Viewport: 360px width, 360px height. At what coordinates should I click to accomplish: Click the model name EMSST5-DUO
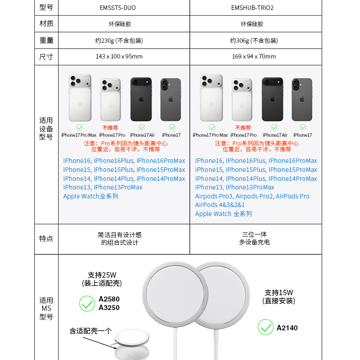tap(117, 8)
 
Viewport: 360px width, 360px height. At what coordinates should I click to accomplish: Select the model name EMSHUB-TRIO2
tap(252, 8)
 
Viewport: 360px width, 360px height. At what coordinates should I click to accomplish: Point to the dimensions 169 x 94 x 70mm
tap(254, 57)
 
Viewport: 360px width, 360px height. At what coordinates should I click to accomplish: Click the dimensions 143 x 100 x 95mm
tap(119, 57)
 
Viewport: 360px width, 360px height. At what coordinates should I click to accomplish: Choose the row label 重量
tap(46, 40)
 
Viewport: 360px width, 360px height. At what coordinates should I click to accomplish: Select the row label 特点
tap(46, 239)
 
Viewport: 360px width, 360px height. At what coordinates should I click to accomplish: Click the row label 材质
tap(46, 24)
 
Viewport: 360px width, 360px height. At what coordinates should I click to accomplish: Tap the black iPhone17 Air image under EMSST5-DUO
tap(141, 99)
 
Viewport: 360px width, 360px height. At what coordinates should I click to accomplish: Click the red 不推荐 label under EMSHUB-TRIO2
tap(243, 128)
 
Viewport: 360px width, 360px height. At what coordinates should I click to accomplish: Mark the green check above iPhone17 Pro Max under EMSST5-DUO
tap(79, 128)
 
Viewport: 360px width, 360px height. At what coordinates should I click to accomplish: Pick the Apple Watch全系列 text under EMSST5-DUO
tap(90, 196)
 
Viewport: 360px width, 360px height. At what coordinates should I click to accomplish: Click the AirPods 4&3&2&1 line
tap(220, 205)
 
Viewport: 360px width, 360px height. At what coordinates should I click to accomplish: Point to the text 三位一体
tap(255, 234)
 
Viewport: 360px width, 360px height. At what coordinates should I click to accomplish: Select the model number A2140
tap(287, 328)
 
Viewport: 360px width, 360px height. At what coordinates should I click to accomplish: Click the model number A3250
tap(109, 308)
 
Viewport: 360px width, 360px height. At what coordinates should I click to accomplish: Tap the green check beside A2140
tap(265, 328)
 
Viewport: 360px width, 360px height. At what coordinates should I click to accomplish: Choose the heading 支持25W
tap(102, 275)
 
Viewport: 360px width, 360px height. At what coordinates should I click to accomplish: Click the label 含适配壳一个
tap(90, 331)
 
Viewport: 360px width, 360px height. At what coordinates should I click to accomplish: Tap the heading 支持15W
tap(279, 292)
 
